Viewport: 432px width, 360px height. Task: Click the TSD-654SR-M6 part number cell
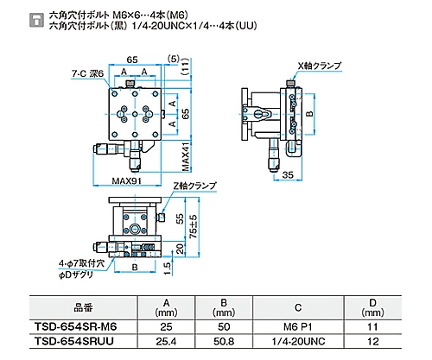pyautogui.click(x=76, y=326)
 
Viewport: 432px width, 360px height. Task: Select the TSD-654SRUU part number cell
pyautogui.click(x=74, y=341)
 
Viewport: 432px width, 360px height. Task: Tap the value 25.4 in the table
pyautogui.click(x=166, y=342)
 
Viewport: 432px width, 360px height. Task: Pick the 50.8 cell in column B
pyautogui.click(x=224, y=342)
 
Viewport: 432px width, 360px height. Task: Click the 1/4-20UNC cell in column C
pyautogui.click(x=298, y=342)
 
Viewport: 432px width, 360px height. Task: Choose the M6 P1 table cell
pyautogui.click(x=298, y=327)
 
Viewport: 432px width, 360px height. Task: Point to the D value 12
pyautogui.click(x=373, y=342)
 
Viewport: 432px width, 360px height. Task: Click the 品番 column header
pyautogui.click(x=83, y=307)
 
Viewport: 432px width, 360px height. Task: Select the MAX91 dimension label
pyautogui.click(x=127, y=180)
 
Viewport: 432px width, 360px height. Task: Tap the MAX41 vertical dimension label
pyautogui.click(x=186, y=156)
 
